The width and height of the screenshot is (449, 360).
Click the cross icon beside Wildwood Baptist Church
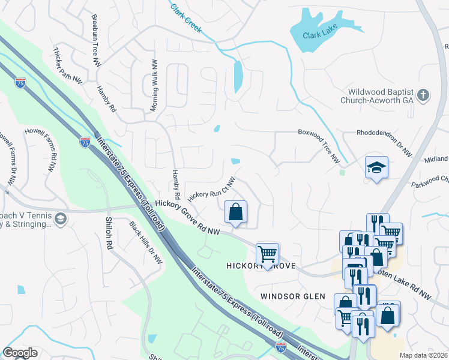(x=423, y=95)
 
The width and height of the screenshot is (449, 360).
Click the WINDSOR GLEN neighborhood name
(x=292, y=296)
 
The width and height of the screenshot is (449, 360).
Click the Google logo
(x=20, y=353)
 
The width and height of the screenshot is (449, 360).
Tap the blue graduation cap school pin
(x=376, y=167)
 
